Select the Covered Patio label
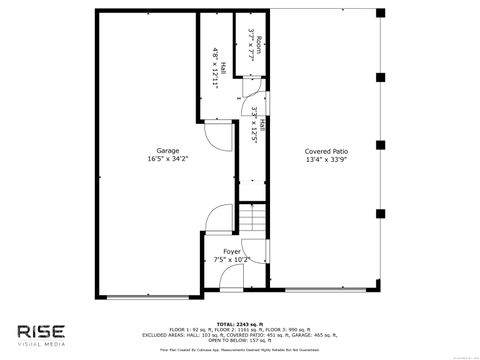(326, 150)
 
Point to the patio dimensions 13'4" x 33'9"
(326, 158)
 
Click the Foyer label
(231, 251)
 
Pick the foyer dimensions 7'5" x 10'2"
(231, 259)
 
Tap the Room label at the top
(259, 46)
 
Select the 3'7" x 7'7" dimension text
(251, 46)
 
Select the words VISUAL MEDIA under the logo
(41, 344)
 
